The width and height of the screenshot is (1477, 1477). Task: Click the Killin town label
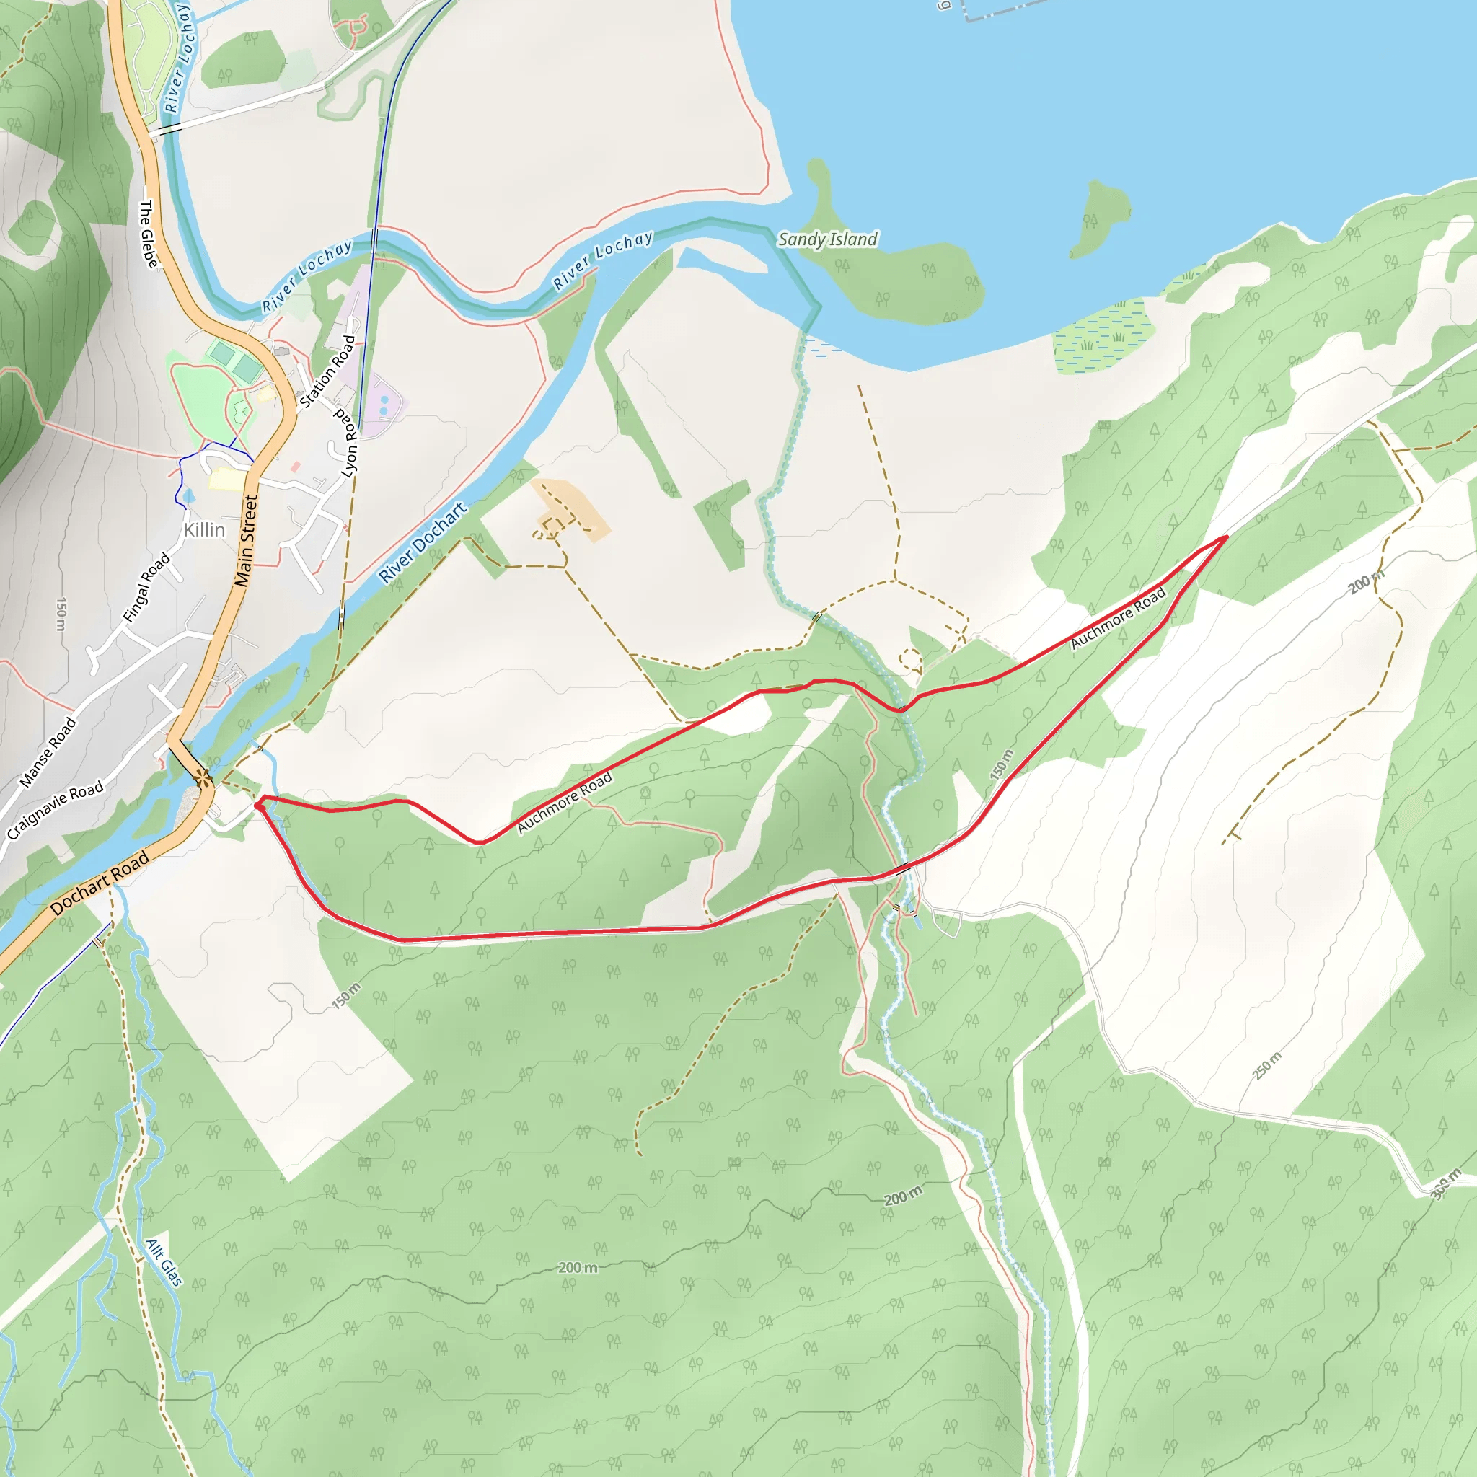(x=204, y=530)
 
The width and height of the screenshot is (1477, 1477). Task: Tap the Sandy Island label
(x=827, y=239)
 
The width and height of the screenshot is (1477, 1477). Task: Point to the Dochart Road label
(x=100, y=883)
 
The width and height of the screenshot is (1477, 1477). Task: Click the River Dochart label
(x=423, y=542)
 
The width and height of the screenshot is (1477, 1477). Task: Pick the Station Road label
(x=327, y=371)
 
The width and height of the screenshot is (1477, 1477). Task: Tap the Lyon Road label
(x=348, y=444)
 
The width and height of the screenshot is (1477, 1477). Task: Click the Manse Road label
(x=48, y=752)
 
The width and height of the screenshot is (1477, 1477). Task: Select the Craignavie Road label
(x=55, y=811)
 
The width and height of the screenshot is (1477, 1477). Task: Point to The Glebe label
(x=149, y=234)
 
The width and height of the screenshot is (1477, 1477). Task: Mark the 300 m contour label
(x=1445, y=1184)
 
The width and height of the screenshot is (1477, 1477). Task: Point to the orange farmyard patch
(x=572, y=511)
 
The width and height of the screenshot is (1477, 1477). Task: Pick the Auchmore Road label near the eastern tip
(x=1118, y=618)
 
